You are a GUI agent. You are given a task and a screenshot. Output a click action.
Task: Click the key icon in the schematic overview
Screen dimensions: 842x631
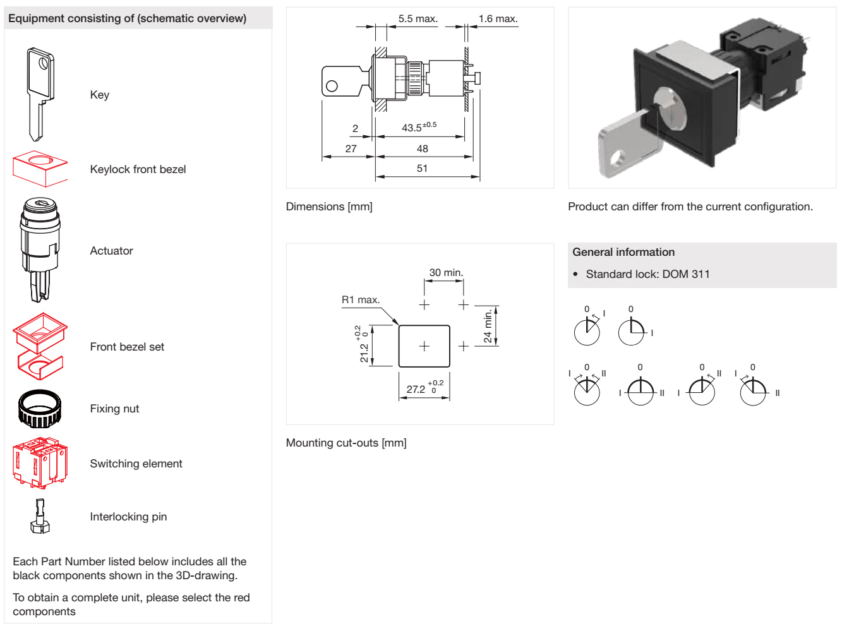40,94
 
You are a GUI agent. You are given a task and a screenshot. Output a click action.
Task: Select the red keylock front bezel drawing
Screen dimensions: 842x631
40,169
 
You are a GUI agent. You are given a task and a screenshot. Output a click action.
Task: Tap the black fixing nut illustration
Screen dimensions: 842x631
40,409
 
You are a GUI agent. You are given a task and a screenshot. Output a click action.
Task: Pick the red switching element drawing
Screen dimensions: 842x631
40,462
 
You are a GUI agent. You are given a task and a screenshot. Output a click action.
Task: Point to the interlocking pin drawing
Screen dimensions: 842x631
40,516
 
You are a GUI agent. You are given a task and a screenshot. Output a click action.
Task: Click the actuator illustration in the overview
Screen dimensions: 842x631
40,249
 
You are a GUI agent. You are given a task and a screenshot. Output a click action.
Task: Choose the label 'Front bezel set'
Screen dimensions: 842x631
127,347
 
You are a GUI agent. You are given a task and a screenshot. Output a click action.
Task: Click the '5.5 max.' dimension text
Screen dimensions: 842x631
418,18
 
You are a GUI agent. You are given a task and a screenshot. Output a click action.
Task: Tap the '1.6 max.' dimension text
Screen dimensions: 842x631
498,18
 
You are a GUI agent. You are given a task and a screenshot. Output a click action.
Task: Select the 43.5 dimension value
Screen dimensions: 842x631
419,127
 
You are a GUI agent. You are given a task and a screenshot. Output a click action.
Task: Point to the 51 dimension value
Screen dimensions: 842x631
422,168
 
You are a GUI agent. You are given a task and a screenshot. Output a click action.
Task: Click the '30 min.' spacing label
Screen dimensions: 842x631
446,272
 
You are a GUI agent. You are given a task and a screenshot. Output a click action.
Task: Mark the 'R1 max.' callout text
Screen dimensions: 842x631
361,299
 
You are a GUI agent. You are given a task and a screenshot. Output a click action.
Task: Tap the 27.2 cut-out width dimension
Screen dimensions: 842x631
424,388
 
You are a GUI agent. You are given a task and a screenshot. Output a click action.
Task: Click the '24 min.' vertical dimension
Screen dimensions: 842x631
487,326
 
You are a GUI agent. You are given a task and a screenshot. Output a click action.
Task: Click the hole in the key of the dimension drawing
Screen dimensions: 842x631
332,86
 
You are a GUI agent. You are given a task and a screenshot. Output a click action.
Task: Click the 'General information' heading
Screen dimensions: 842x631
623,252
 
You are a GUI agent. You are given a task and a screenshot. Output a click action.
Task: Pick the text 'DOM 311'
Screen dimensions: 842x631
686,274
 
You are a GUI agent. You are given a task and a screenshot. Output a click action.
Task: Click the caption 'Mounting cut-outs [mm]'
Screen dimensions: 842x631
346,443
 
